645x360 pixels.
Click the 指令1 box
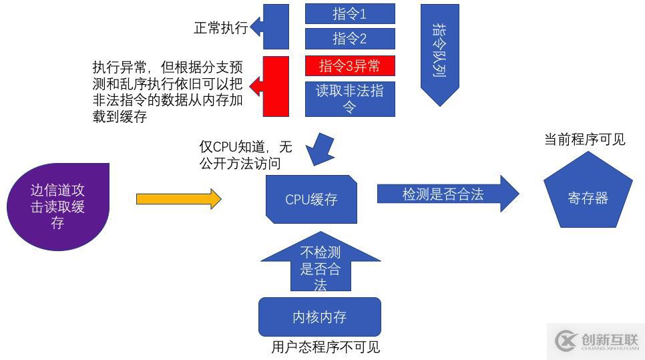coord(350,13)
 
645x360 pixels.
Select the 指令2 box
coord(350,39)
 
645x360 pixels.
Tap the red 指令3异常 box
coord(350,66)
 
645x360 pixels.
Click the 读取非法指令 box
coord(350,99)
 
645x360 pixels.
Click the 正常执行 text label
coord(220,28)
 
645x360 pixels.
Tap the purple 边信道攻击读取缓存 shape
coord(58,206)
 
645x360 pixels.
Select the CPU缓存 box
coord(311,199)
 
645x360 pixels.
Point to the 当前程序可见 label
coord(585,140)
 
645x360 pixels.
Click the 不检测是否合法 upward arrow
coord(320,266)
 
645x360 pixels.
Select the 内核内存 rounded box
coord(319,317)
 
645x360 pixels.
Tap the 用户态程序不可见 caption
coord(325,347)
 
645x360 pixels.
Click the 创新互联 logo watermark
coord(596,341)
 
